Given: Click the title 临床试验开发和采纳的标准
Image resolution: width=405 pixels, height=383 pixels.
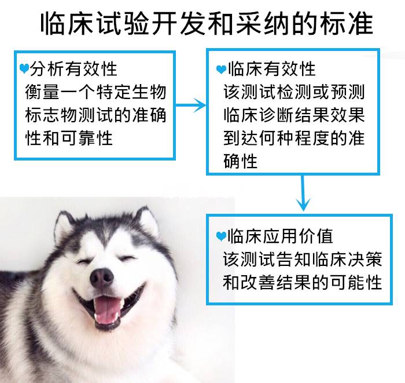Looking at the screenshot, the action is tap(207, 24).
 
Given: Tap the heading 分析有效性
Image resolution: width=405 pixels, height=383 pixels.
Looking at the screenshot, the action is tap(73, 69).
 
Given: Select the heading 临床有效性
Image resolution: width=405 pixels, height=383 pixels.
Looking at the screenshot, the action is tap(272, 69).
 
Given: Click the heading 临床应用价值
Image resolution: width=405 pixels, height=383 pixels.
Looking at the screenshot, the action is tap(280, 236).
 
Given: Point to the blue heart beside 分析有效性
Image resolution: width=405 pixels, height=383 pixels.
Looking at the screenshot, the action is tap(24, 68).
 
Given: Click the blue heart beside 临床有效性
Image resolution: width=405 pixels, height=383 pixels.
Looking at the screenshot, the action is tap(221, 70).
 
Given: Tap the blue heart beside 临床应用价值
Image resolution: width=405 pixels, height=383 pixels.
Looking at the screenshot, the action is tap(221, 236).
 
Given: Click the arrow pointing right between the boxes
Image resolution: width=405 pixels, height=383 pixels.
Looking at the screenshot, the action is tap(191, 105).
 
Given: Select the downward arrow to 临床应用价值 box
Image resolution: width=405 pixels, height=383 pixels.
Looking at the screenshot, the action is tap(303, 193).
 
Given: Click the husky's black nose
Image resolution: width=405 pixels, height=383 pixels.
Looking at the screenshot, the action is tap(102, 278).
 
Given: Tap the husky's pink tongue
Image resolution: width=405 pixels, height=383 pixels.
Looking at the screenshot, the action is tap(106, 309).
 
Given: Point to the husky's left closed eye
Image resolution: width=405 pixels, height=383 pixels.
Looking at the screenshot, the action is tap(84, 261).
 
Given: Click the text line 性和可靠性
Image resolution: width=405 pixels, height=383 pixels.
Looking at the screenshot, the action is tap(69, 138).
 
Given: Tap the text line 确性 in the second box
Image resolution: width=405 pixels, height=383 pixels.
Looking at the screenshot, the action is tap(240, 161).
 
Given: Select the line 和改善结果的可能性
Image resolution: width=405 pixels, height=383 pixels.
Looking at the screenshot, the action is tap(302, 282).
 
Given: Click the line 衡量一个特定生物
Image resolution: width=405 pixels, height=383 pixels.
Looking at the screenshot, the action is tap(95, 92).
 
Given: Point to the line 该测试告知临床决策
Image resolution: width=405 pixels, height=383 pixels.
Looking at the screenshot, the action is tap(302, 259).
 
